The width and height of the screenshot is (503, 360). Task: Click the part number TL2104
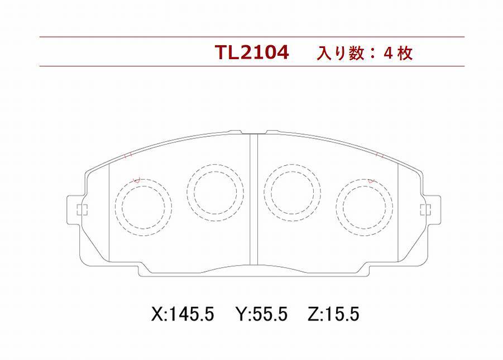click(252, 52)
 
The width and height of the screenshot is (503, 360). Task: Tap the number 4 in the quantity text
click(388, 53)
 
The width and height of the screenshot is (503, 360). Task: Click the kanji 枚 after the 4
click(405, 53)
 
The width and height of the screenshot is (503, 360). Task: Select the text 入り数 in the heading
click(341, 53)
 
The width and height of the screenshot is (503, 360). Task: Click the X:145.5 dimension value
click(183, 314)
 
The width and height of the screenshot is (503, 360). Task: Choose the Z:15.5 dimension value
click(334, 314)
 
